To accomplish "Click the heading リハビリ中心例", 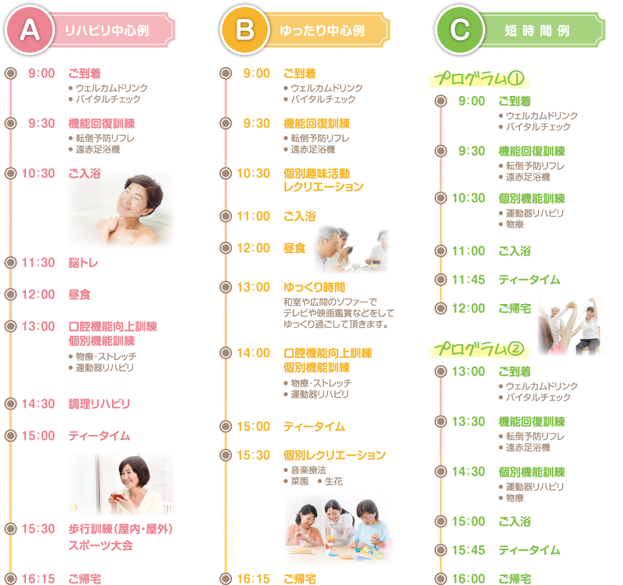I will pyautogui.click(x=107, y=31).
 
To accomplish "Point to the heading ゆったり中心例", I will pyautogui.click(x=322, y=31).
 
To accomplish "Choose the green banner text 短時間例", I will pyautogui.click(x=537, y=31).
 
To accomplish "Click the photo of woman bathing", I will pyautogui.click(x=121, y=209).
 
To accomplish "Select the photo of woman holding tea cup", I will pyautogui.click(x=122, y=485).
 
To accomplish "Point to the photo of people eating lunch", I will pyautogui.click(x=351, y=249).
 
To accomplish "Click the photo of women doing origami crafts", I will pyautogui.click(x=338, y=530).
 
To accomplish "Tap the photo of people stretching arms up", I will pyautogui.click(x=568, y=325).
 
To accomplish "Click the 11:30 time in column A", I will pyautogui.click(x=38, y=263).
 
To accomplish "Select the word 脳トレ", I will pyautogui.click(x=83, y=263).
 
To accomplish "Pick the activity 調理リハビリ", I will pyautogui.click(x=99, y=404).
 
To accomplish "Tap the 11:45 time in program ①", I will pyautogui.click(x=469, y=280).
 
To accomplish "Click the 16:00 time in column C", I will pyautogui.click(x=469, y=579).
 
